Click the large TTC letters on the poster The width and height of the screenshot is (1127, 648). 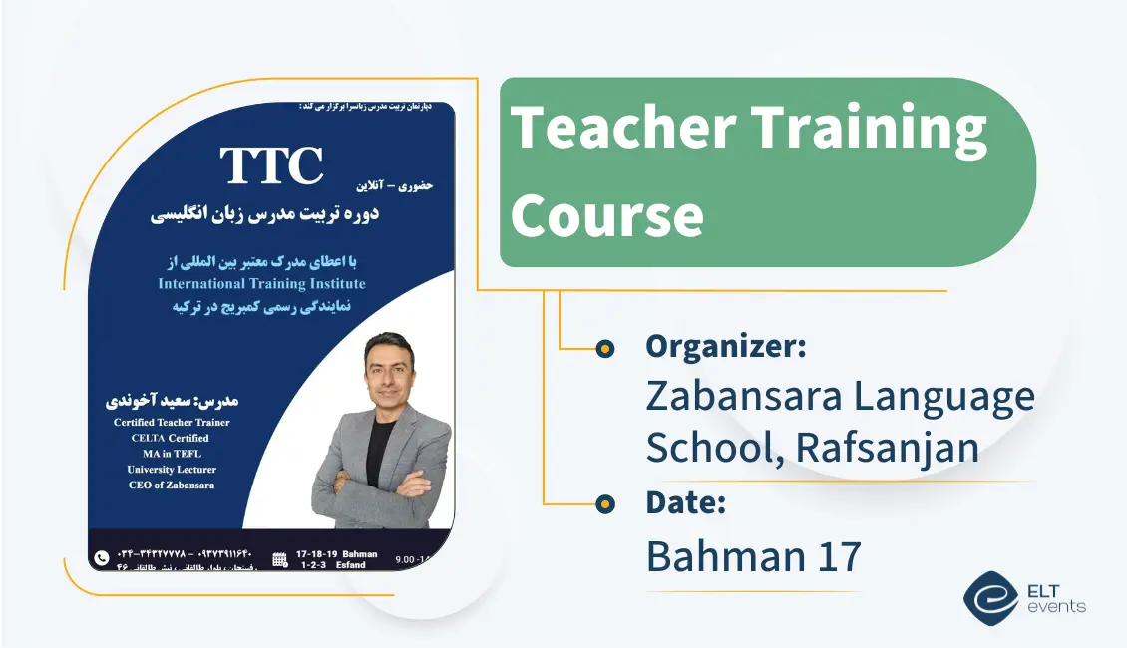[271, 165]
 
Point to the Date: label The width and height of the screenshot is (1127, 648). [685, 503]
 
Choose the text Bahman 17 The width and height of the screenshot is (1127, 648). [753, 556]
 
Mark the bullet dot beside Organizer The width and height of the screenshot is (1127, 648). [604, 348]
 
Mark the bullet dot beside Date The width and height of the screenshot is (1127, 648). [604, 504]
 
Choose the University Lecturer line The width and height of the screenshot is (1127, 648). [172, 470]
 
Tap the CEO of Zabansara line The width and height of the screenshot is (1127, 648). [172, 486]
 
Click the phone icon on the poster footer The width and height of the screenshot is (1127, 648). [101, 558]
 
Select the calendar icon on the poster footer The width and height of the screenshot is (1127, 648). [280, 559]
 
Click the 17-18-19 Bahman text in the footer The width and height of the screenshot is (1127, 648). [338, 553]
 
